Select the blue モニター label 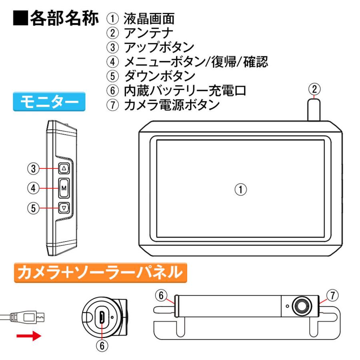click(x=49, y=102)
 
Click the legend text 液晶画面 click(x=149, y=18)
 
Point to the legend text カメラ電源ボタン click(x=172, y=105)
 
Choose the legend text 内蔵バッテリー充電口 click(x=184, y=90)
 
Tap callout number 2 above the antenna click(x=315, y=88)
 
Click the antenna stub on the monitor click(x=314, y=110)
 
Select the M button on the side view click(x=64, y=188)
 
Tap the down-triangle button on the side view click(x=64, y=208)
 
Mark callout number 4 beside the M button click(x=34, y=187)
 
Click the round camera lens click(x=301, y=306)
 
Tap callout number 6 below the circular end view click(x=102, y=346)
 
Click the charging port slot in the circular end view click(x=102, y=318)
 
